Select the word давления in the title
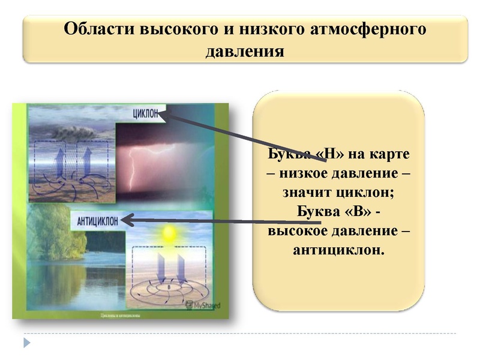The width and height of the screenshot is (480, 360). pos(245,51)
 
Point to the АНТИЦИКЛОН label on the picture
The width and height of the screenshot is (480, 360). pos(97,220)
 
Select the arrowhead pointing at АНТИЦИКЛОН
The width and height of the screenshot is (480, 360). pos(126,220)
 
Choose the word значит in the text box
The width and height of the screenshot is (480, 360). pos(308,194)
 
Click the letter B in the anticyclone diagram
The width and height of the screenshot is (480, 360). pos(169,287)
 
